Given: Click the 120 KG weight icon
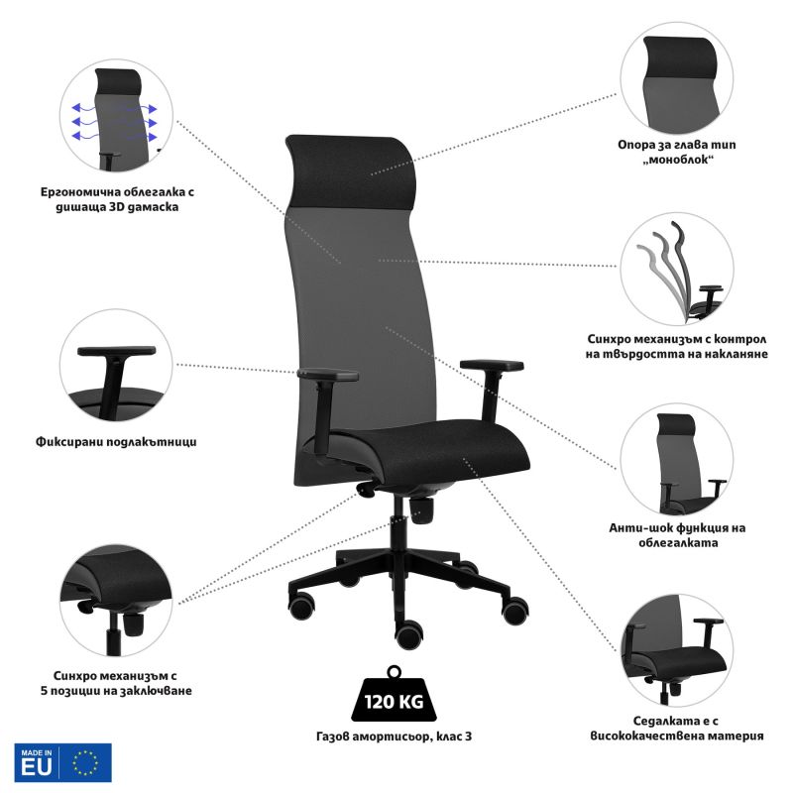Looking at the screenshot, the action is (x=395, y=696).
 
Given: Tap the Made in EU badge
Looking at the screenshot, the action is (x=62, y=762).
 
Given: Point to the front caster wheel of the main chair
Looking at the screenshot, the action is (x=409, y=635).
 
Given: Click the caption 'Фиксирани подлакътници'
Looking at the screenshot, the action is (x=116, y=442).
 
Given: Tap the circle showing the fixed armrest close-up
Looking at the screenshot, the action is (x=116, y=366).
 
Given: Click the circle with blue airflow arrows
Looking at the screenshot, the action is (x=116, y=115).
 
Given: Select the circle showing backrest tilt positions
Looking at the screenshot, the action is (x=677, y=269).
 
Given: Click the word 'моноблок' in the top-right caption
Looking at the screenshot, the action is (x=677, y=160).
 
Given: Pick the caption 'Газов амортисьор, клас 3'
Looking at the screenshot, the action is (x=394, y=736).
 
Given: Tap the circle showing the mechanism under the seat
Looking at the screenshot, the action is (x=116, y=601).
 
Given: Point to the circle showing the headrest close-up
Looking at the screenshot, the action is (x=677, y=78).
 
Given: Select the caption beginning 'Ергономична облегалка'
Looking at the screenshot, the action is (x=117, y=199).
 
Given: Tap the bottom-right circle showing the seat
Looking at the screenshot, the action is (x=677, y=650).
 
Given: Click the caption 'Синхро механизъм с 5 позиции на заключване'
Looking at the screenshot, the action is (x=116, y=683).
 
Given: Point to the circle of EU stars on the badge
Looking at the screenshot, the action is (x=85, y=762).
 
